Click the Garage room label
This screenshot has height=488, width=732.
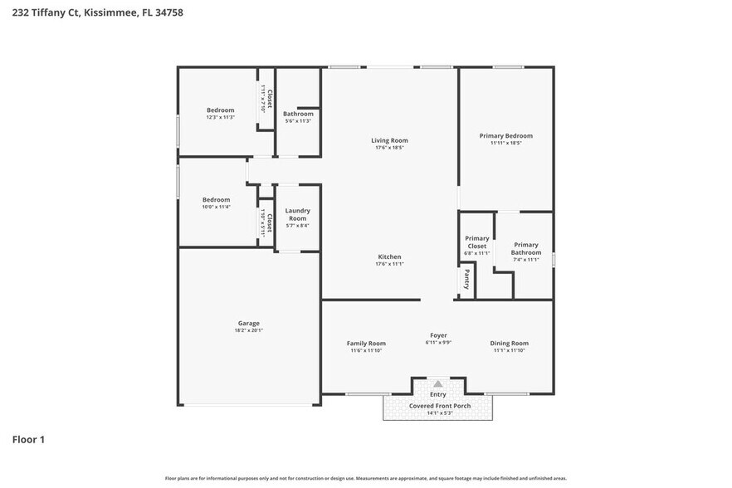pyautogui.click(x=249, y=323)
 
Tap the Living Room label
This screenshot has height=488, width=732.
pyautogui.click(x=389, y=140)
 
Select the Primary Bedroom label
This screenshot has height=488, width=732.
pyautogui.click(x=505, y=135)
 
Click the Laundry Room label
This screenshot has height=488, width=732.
pyautogui.click(x=297, y=214)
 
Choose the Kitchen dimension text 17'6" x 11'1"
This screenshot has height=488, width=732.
pyautogui.click(x=389, y=265)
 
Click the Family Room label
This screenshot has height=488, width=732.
pyautogui.click(x=366, y=343)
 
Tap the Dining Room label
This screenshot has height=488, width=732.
pyautogui.click(x=509, y=343)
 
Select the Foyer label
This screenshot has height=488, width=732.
pyautogui.click(x=438, y=335)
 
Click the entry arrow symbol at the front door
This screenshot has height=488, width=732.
pyautogui.click(x=437, y=384)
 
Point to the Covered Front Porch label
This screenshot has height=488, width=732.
pyautogui.click(x=439, y=406)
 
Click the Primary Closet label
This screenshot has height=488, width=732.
pyautogui.click(x=477, y=242)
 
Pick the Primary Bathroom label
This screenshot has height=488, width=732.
pyautogui.click(x=526, y=248)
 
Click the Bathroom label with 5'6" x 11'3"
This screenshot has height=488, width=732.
pyautogui.click(x=298, y=114)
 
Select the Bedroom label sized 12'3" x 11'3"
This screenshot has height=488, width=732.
pyautogui.click(x=220, y=110)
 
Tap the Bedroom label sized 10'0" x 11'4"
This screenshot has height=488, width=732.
pyautogui.click(x=216, y=199)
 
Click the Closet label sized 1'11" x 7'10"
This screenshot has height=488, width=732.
pyautogui.click(x=266, y=95)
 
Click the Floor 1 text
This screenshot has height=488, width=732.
pyautogui.click(x=28, y=439)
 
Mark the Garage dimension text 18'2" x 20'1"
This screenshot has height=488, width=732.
pyautogui.click(x=249, y=330)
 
